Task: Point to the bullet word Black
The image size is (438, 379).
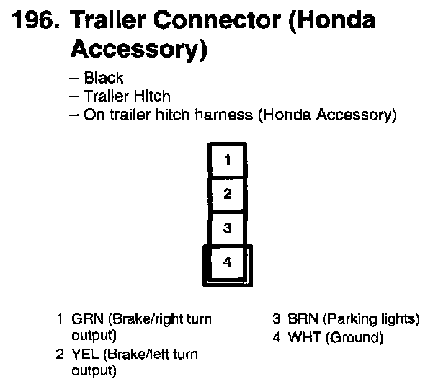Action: coord(104,78)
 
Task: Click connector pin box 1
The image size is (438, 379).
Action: coord(227,160)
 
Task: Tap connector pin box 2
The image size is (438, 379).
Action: coord(227,193)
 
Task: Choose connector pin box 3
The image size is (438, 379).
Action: coord(227,228)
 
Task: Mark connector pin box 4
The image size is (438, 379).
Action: coord(227,263)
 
